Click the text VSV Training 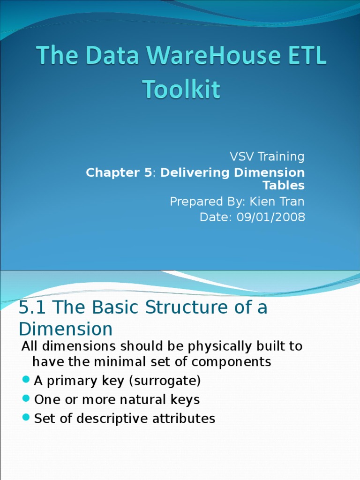267,157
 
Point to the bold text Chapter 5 119,172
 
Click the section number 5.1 33,308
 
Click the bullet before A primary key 26,381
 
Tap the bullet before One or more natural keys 26,400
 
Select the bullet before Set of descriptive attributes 26,418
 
